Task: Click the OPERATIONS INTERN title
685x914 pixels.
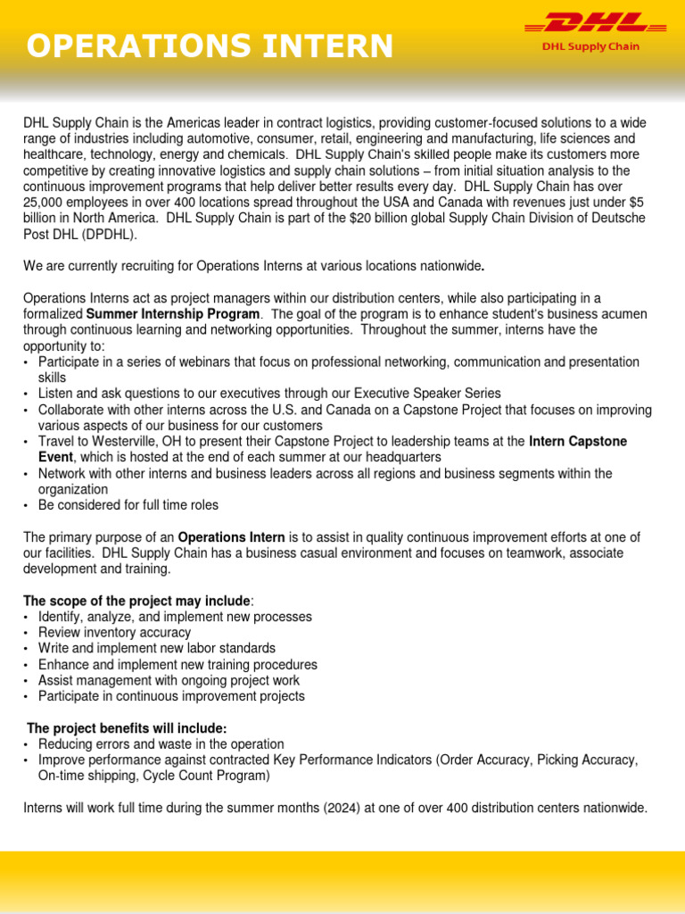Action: point(209,46)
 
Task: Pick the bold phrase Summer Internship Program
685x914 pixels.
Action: point(174,314)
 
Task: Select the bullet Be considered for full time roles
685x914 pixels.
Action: point(128,505)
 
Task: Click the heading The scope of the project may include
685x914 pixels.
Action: point(136,601)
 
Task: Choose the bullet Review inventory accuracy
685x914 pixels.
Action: point(114,633)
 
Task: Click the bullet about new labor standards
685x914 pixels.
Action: point(157,649)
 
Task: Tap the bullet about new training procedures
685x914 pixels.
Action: point(177,665)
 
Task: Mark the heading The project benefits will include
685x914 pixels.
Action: point(127,728)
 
